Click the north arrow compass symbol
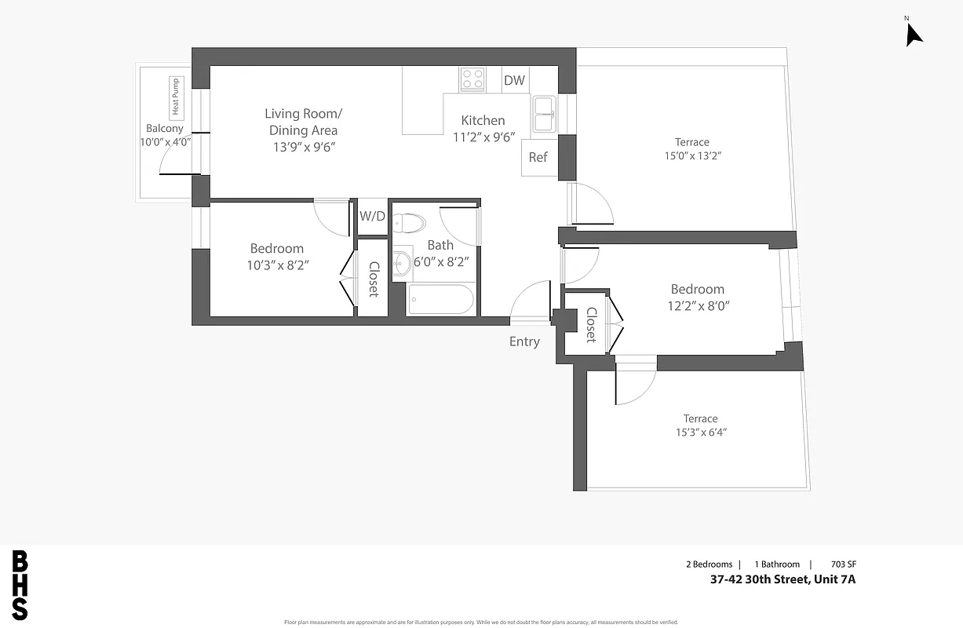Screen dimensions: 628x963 tap(914, 34)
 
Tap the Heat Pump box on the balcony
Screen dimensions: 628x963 tap(175, 98)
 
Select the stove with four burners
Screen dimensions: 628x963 tap(472, 78)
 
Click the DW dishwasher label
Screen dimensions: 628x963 tap(514, 80)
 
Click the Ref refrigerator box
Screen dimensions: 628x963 tap(538, 157)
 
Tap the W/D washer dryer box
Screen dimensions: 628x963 tap(373, 216)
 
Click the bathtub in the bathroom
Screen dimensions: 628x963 tap(440, 300)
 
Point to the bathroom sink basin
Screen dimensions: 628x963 tap(403, 263)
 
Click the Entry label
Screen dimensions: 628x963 tap(524, 341)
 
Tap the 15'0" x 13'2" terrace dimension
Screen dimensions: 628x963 tap(691, 155)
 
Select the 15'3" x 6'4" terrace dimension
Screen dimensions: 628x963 tap(700, 433)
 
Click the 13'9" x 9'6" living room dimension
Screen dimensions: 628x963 tap(303, 147)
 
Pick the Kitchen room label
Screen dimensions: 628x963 tap(483, 120)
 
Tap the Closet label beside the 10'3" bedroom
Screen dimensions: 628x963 tap(374, 279)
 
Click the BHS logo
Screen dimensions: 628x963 tap(20, 585)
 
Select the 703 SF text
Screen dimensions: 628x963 tap(854, 564)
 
